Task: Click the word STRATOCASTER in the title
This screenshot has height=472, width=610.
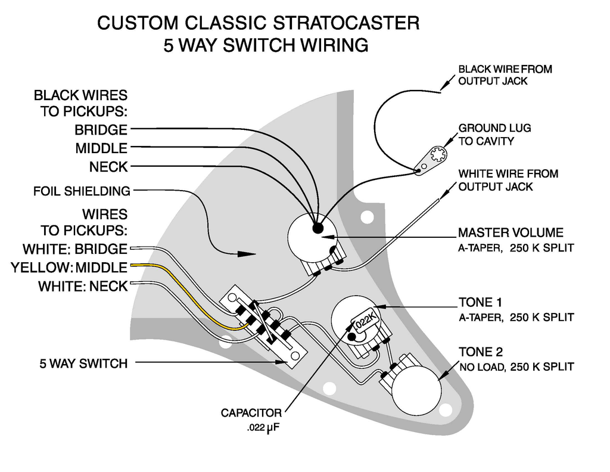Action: (x=346, y=24)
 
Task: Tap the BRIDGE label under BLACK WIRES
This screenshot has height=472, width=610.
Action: (x=101, y=129)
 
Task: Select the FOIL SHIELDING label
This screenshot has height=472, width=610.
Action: (x=82, y=191)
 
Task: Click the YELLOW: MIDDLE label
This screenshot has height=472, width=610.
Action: (x=69, y=268)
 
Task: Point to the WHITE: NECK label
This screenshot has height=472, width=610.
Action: (x=83, y=286)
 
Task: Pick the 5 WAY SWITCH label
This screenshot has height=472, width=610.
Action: (x=83, y=363)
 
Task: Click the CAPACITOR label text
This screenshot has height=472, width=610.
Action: (x=251, y=412)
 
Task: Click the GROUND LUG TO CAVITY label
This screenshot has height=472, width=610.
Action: (x=494, y=135)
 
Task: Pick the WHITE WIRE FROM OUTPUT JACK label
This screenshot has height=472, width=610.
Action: (x=508, y=180)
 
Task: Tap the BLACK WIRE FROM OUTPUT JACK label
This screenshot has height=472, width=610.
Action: (x=505, y=75)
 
